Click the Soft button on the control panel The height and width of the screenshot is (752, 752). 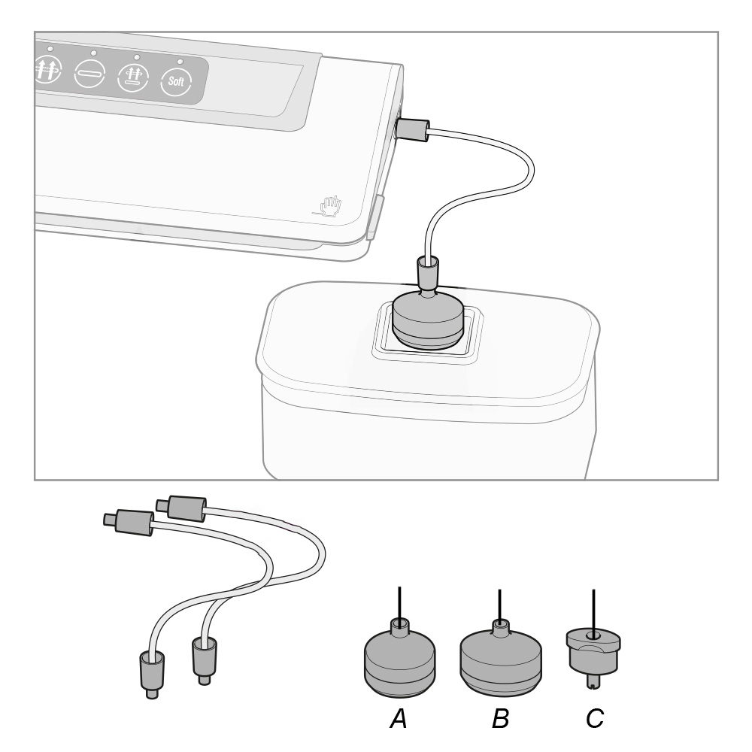[176, 81]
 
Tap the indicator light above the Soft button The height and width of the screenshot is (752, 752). [180, 62]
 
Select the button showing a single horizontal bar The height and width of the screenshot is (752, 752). [89, 74]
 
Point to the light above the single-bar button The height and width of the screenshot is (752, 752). [93, 53]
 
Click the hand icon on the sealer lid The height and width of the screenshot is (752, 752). [330, 206]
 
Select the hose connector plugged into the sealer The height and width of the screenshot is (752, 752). [412, 130]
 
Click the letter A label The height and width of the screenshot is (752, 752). [399, 718]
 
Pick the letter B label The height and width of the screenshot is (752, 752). [500, 718]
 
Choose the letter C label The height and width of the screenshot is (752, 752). [595, 718]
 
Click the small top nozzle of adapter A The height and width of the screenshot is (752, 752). [399, 626]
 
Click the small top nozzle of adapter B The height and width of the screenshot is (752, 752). [500, 627]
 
